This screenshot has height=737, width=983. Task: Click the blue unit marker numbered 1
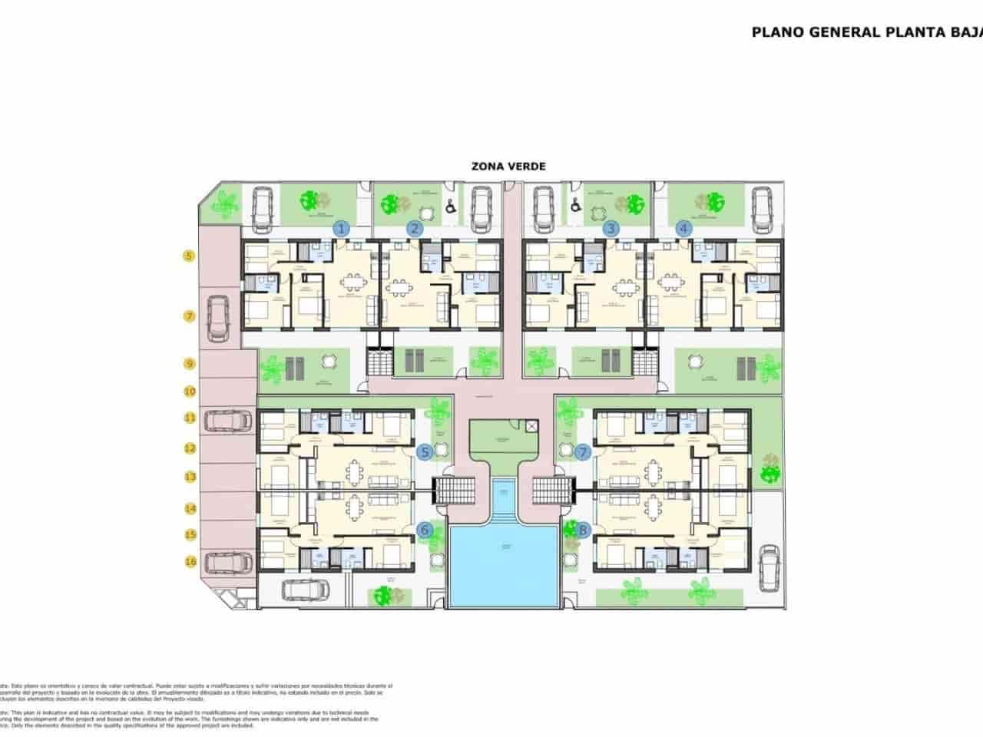342,228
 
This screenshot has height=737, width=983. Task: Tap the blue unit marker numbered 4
683,228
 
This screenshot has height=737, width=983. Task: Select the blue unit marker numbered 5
425,453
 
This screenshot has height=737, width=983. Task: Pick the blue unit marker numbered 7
583,453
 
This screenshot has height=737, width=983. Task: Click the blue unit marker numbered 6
425,530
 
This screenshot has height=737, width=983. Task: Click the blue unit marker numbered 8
583,529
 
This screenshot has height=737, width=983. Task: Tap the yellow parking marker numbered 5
189,256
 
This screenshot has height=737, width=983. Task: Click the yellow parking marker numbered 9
189,364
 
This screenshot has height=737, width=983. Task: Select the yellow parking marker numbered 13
189,477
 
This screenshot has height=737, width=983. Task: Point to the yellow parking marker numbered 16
189,561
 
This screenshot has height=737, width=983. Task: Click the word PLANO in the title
773,32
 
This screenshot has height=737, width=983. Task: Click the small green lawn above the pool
504,438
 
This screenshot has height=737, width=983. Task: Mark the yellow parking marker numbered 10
189,392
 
